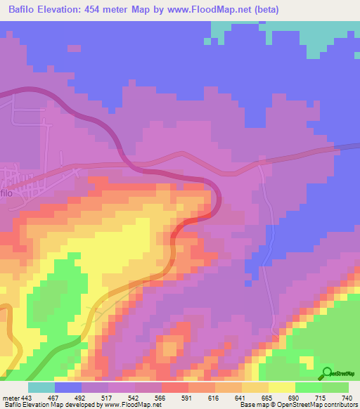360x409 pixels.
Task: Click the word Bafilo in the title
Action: pyautogui.click(x=23, y=10)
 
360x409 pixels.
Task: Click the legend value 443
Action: pyautogui.click(x=27, y=397)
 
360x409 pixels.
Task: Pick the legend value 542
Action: pyautogui.click(x=136, y=397)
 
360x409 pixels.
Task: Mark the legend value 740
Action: pyautogui.click(x=347, y=397)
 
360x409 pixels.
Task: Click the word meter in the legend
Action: pyautogui.click(x=11, y=397)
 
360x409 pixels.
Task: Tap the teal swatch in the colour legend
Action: pyautogui.click(x=41, y=387)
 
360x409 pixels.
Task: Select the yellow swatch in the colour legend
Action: pyautogui.click(x=282, y=387)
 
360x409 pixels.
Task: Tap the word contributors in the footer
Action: pyautogui.click(x=340, y=405)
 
